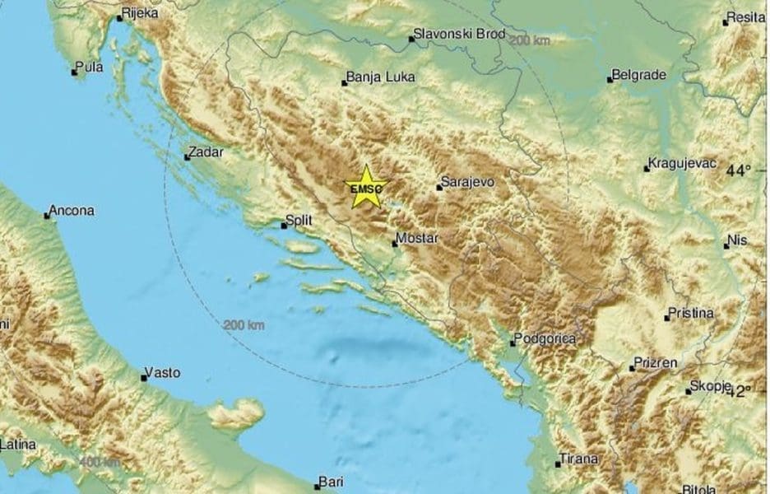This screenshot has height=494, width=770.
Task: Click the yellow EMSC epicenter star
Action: point(366,187)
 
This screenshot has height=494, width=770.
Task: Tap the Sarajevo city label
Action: point(467,181)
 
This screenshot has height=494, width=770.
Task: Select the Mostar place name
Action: point(416,238)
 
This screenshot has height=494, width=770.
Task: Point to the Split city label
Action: point(296,221)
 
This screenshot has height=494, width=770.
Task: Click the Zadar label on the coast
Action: point(206,151)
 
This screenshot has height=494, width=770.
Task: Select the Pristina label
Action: point(693,314)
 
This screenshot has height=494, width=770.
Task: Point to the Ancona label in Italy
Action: point(72,211)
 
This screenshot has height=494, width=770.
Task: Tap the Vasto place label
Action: point(162,373)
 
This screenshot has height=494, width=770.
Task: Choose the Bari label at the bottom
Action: point(334,482)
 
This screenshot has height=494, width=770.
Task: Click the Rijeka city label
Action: point(140,14)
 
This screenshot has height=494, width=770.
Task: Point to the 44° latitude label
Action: point(740,170)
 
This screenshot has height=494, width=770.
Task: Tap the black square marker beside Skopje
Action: point(689,391)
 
